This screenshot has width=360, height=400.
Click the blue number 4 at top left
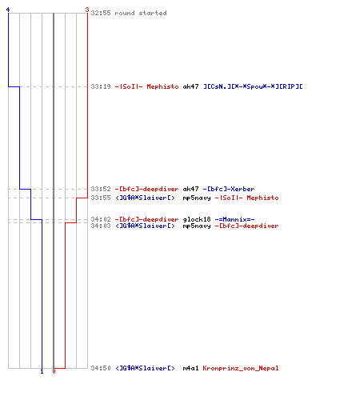[x=8, y=10]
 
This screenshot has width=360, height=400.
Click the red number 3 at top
[x=87, y=10]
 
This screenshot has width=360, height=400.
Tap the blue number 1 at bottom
[x=42, y=371]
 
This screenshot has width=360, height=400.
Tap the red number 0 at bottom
[x=54, y=371]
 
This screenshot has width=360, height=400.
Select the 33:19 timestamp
[x=101, y=86]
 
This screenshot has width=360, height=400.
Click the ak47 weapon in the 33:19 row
[x=190, y=86]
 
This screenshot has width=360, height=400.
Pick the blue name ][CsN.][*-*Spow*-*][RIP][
[x=253, y=86]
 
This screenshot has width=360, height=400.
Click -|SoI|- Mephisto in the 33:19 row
[x=146, y=86]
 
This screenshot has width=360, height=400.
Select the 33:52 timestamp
[x=101, y=189]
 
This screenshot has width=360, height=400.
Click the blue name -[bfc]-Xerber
[x=229, y=189]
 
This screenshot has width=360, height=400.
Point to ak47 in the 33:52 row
[x=190, y=189]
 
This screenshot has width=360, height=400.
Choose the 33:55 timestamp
[x=101, y=198]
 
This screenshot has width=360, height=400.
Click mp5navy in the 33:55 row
[x=197, y=198]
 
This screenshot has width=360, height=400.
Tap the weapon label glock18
[x=197, y=219]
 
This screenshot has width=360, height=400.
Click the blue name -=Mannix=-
[x=234, y=219]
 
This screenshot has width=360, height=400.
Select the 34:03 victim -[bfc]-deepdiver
[x=246, y=226]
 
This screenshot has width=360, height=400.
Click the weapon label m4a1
[x=190, y=368]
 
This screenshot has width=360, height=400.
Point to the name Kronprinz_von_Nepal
[x=241, y=368]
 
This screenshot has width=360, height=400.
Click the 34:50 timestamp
[x=101, y=368]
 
